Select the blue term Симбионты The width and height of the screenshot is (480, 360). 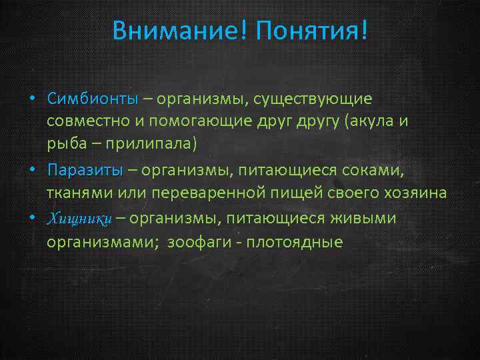[92, 99]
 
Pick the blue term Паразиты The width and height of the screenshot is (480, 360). [85, 170]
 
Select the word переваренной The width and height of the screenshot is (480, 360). [225, 194]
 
